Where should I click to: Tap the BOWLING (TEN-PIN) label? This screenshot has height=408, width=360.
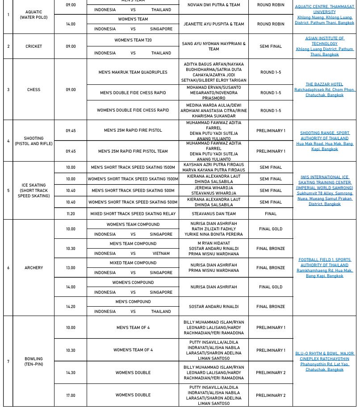click(33, 362)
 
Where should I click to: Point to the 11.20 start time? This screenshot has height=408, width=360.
click(71, 214)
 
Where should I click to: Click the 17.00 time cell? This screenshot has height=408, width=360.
click(71, 396)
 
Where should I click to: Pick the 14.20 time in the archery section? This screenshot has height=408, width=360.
click(71, 307)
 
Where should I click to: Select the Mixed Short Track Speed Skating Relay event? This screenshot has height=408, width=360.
click(133, 214)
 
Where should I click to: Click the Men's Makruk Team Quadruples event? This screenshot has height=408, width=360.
click(133, 72)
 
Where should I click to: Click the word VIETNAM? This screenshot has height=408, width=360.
click(161, 254)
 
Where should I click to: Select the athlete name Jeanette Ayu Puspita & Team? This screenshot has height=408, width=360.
click(213, 24)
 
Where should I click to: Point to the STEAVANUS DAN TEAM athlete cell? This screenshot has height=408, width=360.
click(213, 214)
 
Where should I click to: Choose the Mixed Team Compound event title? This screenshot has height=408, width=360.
click(133, 263)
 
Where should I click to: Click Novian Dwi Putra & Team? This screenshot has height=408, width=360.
click(213, 5)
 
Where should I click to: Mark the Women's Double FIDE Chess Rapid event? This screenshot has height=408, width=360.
click(133, 110)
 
